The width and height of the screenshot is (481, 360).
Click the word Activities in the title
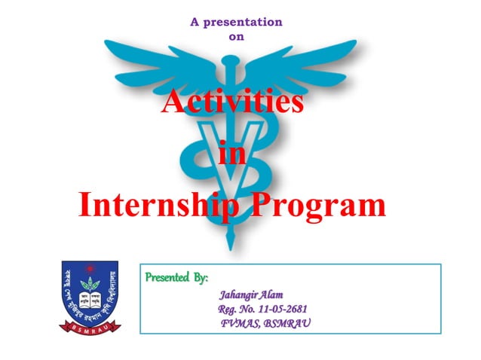pos(233,102)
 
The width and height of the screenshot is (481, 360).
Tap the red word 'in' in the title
pos(232,154)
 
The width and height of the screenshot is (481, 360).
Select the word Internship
pos(155,204)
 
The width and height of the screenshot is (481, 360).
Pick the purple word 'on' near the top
pos(236,35)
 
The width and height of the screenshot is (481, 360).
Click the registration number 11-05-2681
pos(280,310)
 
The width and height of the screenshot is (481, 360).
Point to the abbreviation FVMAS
pos(239,323)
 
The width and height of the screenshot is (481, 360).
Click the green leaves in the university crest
pos(90,285)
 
